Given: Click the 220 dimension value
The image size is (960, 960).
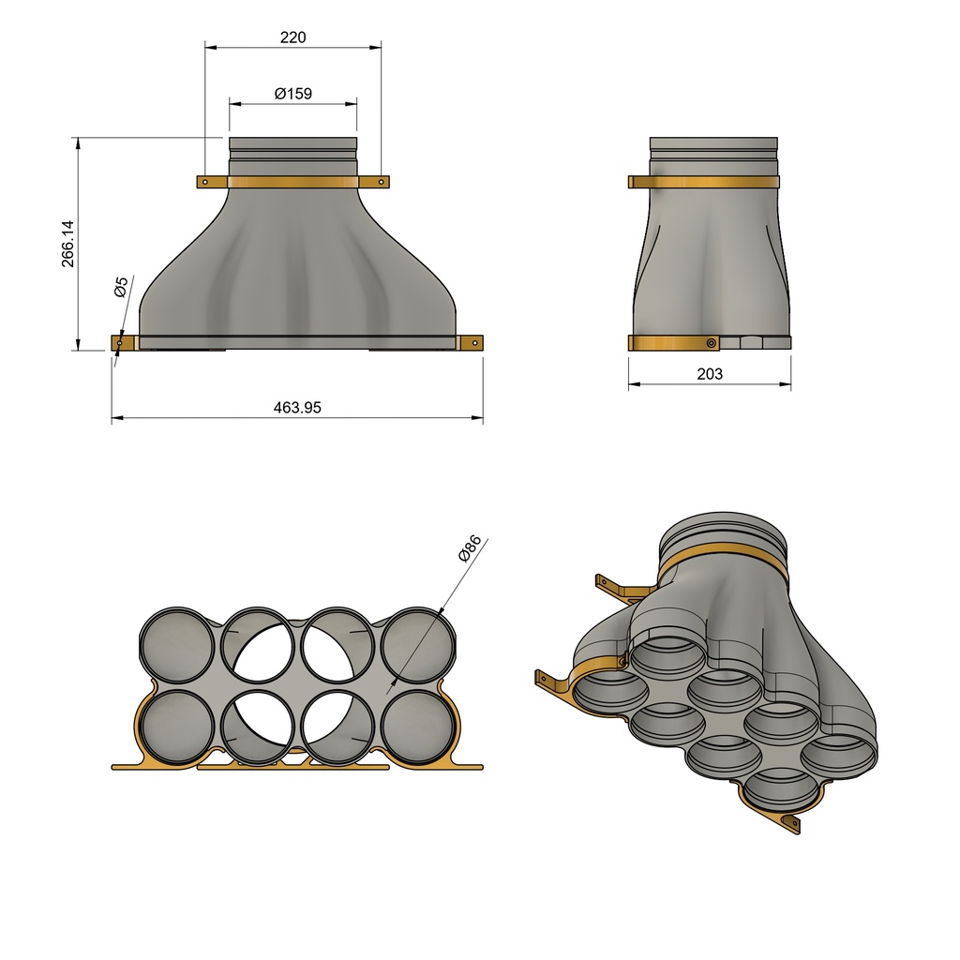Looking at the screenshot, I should pyautogui.click(x=292, y=37).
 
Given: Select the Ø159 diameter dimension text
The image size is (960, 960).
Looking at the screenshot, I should pyautogui.click(x=292, y=94).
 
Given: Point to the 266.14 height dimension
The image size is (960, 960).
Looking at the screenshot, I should pyautogui.click(x=68, y=244).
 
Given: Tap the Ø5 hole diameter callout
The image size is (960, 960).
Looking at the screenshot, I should pyautogui.click(x=121, y=287).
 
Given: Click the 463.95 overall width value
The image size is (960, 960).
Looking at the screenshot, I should pyautogui.click(x=297, y=407).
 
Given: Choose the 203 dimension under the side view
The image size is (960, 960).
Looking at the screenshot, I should pyautogui.click(x=710, y=373).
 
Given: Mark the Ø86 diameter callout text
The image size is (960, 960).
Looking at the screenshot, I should pyautogui.click(x=470, y=548).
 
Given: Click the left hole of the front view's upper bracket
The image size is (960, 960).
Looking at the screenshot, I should pyautogui.click(x=204, y=182).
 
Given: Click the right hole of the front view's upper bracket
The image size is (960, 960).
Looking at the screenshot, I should pyautogui.click(x=382, y=182).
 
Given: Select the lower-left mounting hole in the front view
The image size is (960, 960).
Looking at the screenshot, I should pyautogui.click(x=120, y=344).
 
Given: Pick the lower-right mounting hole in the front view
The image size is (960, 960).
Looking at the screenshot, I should pyautogui.click(x=474, y=343).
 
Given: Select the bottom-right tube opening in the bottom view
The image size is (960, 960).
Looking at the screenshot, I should pyautogui.click(x=419, y=727).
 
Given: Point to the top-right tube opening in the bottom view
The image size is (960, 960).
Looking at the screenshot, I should pyautogui.click(x=419, y=645).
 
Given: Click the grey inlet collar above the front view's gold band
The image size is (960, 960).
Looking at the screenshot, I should pyautogui.click(x=292, y=156).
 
